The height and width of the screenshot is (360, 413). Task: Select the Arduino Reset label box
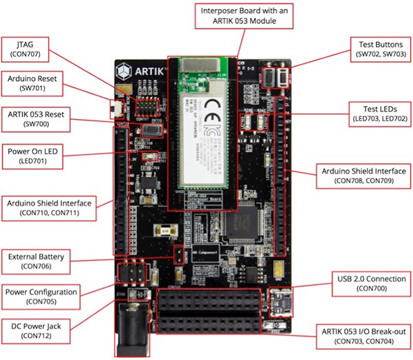point(35,83)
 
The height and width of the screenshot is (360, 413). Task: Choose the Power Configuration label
point(42,296)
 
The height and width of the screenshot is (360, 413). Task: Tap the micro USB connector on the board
point(278,303)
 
